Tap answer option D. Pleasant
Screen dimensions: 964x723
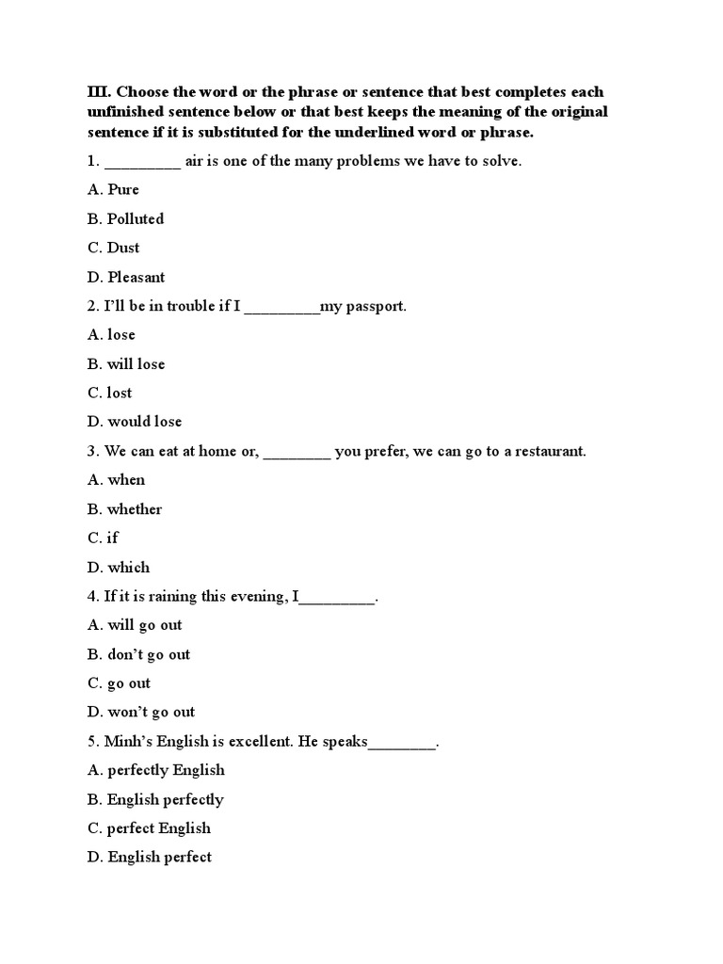(x=126, y=277)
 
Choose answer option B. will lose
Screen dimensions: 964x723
(x=126, y=363)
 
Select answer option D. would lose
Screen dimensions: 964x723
(x=135, y=422)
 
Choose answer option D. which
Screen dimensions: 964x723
(x=119, y=568)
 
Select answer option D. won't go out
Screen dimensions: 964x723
(x=141, y=713)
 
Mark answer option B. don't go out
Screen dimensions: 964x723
(x=138, y=654)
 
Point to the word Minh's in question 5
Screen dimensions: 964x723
(x=128, y=741)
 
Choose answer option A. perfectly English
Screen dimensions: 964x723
(x=156, y=770)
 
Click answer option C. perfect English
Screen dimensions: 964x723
(x=149, y=828)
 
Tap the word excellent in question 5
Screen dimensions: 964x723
(x=261, y=741)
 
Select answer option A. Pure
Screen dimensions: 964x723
(x=113, y=189)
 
